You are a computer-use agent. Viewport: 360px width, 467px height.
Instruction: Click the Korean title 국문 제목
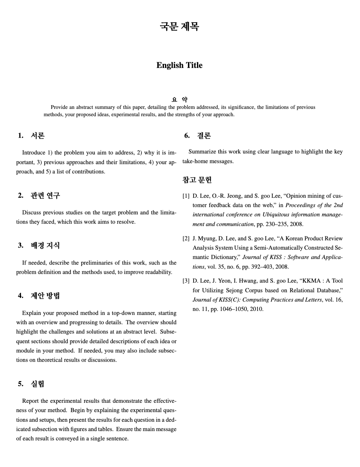coord(179,26)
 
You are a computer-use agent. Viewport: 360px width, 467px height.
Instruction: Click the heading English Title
coord(179,65)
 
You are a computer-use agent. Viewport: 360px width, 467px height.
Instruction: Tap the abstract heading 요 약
coord(180,99)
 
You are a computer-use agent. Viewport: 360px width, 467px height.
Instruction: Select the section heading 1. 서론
coord(31,135)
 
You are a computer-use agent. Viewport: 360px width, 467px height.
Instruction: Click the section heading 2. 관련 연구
coord(39,195)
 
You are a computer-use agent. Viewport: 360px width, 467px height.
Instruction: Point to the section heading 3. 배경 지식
coord(39,245)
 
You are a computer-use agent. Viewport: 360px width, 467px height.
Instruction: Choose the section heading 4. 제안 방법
coord(39,296)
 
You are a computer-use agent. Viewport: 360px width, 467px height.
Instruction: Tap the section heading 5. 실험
coord(31,384)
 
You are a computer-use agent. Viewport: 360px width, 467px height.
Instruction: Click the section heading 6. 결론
coord(197,136)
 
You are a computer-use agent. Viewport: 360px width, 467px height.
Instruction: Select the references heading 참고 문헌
coord(197,180)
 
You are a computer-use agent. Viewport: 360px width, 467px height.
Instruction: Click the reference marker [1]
coord(186,196)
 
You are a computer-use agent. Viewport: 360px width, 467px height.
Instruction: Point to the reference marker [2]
coord(186,238)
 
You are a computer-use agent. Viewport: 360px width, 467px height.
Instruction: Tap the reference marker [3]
coord(186,281)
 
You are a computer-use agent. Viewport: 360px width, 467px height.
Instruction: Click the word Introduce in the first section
coord(34,153)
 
